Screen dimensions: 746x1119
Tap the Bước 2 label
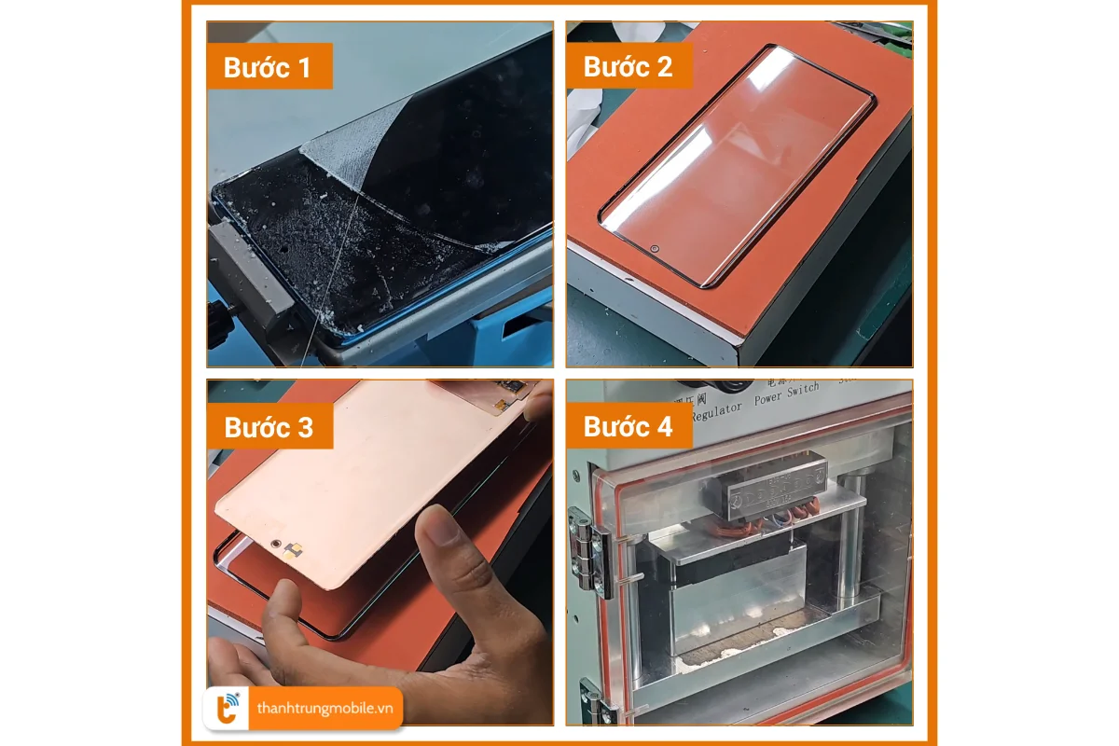coord(628,67)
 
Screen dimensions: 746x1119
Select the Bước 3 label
coord(269,427)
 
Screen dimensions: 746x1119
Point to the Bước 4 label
coord(628,427)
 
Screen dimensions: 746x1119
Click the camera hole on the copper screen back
coord(276,543)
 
